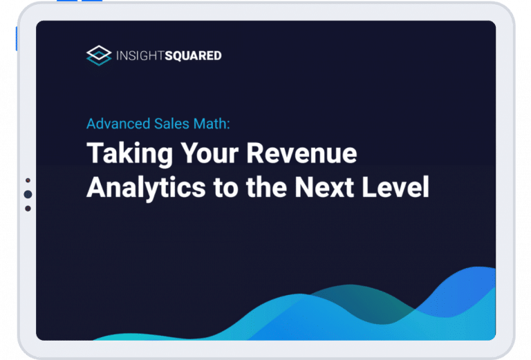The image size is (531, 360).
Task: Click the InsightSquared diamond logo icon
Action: pos(99,55)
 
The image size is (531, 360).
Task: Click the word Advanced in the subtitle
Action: pos(116,124)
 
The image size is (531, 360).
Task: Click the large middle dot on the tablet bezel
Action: pos(28,195)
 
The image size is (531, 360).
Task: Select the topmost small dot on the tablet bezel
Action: pos(28,180)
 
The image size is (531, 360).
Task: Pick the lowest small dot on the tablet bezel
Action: pos(28,209)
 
